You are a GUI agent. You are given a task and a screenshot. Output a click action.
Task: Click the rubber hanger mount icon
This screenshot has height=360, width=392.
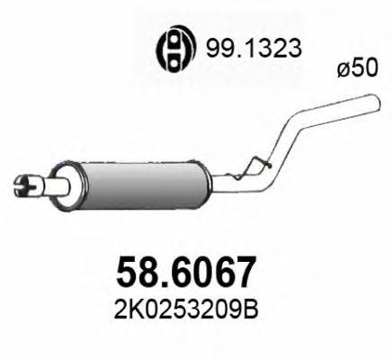point(172,50)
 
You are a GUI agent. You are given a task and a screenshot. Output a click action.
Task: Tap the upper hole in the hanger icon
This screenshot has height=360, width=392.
point(172,43)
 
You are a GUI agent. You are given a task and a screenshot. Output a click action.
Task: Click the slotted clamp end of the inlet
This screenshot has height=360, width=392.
point(26,185)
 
